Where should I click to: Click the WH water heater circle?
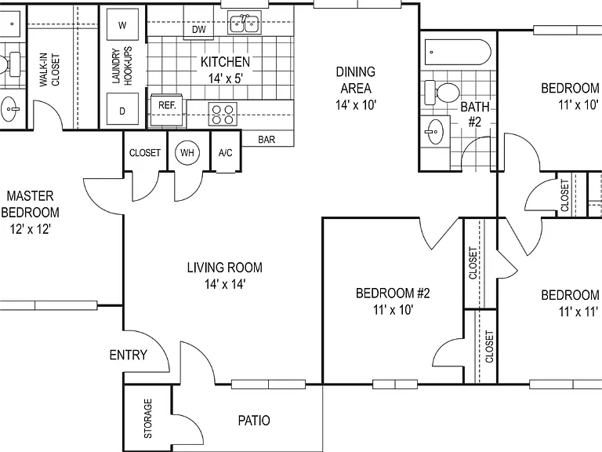[187, 152]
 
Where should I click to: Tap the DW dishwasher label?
[199, 30]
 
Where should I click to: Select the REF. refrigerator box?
[167, 110]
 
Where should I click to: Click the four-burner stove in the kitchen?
[223, 114]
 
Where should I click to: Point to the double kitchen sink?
[245, 23]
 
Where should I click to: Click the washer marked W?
[122, 24]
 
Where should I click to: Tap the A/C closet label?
[226, 153]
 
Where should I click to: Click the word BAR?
[267, 140]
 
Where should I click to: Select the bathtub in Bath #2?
[458, 53]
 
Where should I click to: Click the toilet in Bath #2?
[442, 93]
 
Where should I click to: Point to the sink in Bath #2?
[434, 132]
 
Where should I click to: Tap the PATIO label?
[254, 421]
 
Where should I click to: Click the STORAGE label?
[148, 418]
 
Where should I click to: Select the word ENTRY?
[129, 355]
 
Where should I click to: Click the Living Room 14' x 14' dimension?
[225, 284]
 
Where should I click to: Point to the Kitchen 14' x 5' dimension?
[226, 78]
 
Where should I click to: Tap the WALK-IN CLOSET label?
[49, 70]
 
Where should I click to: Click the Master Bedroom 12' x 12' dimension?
[31, 229]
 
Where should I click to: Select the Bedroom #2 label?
[393, 293]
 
